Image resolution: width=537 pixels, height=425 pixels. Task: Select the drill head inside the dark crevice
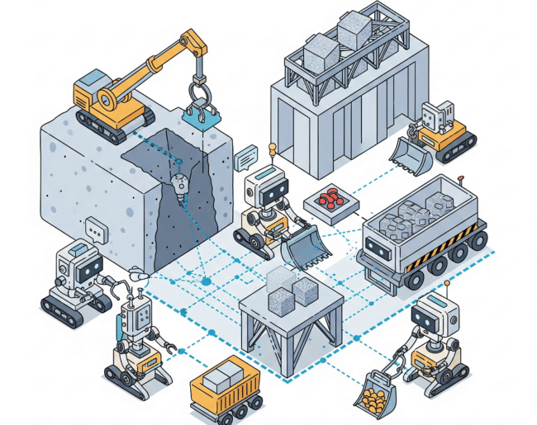click(180, 183)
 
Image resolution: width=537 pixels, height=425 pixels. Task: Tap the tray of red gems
click(330, 200)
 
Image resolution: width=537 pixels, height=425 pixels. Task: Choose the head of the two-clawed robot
click(136, 315)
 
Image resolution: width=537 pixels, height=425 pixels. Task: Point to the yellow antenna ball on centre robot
click(269, 149)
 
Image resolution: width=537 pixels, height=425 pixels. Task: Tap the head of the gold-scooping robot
click(435, 319)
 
